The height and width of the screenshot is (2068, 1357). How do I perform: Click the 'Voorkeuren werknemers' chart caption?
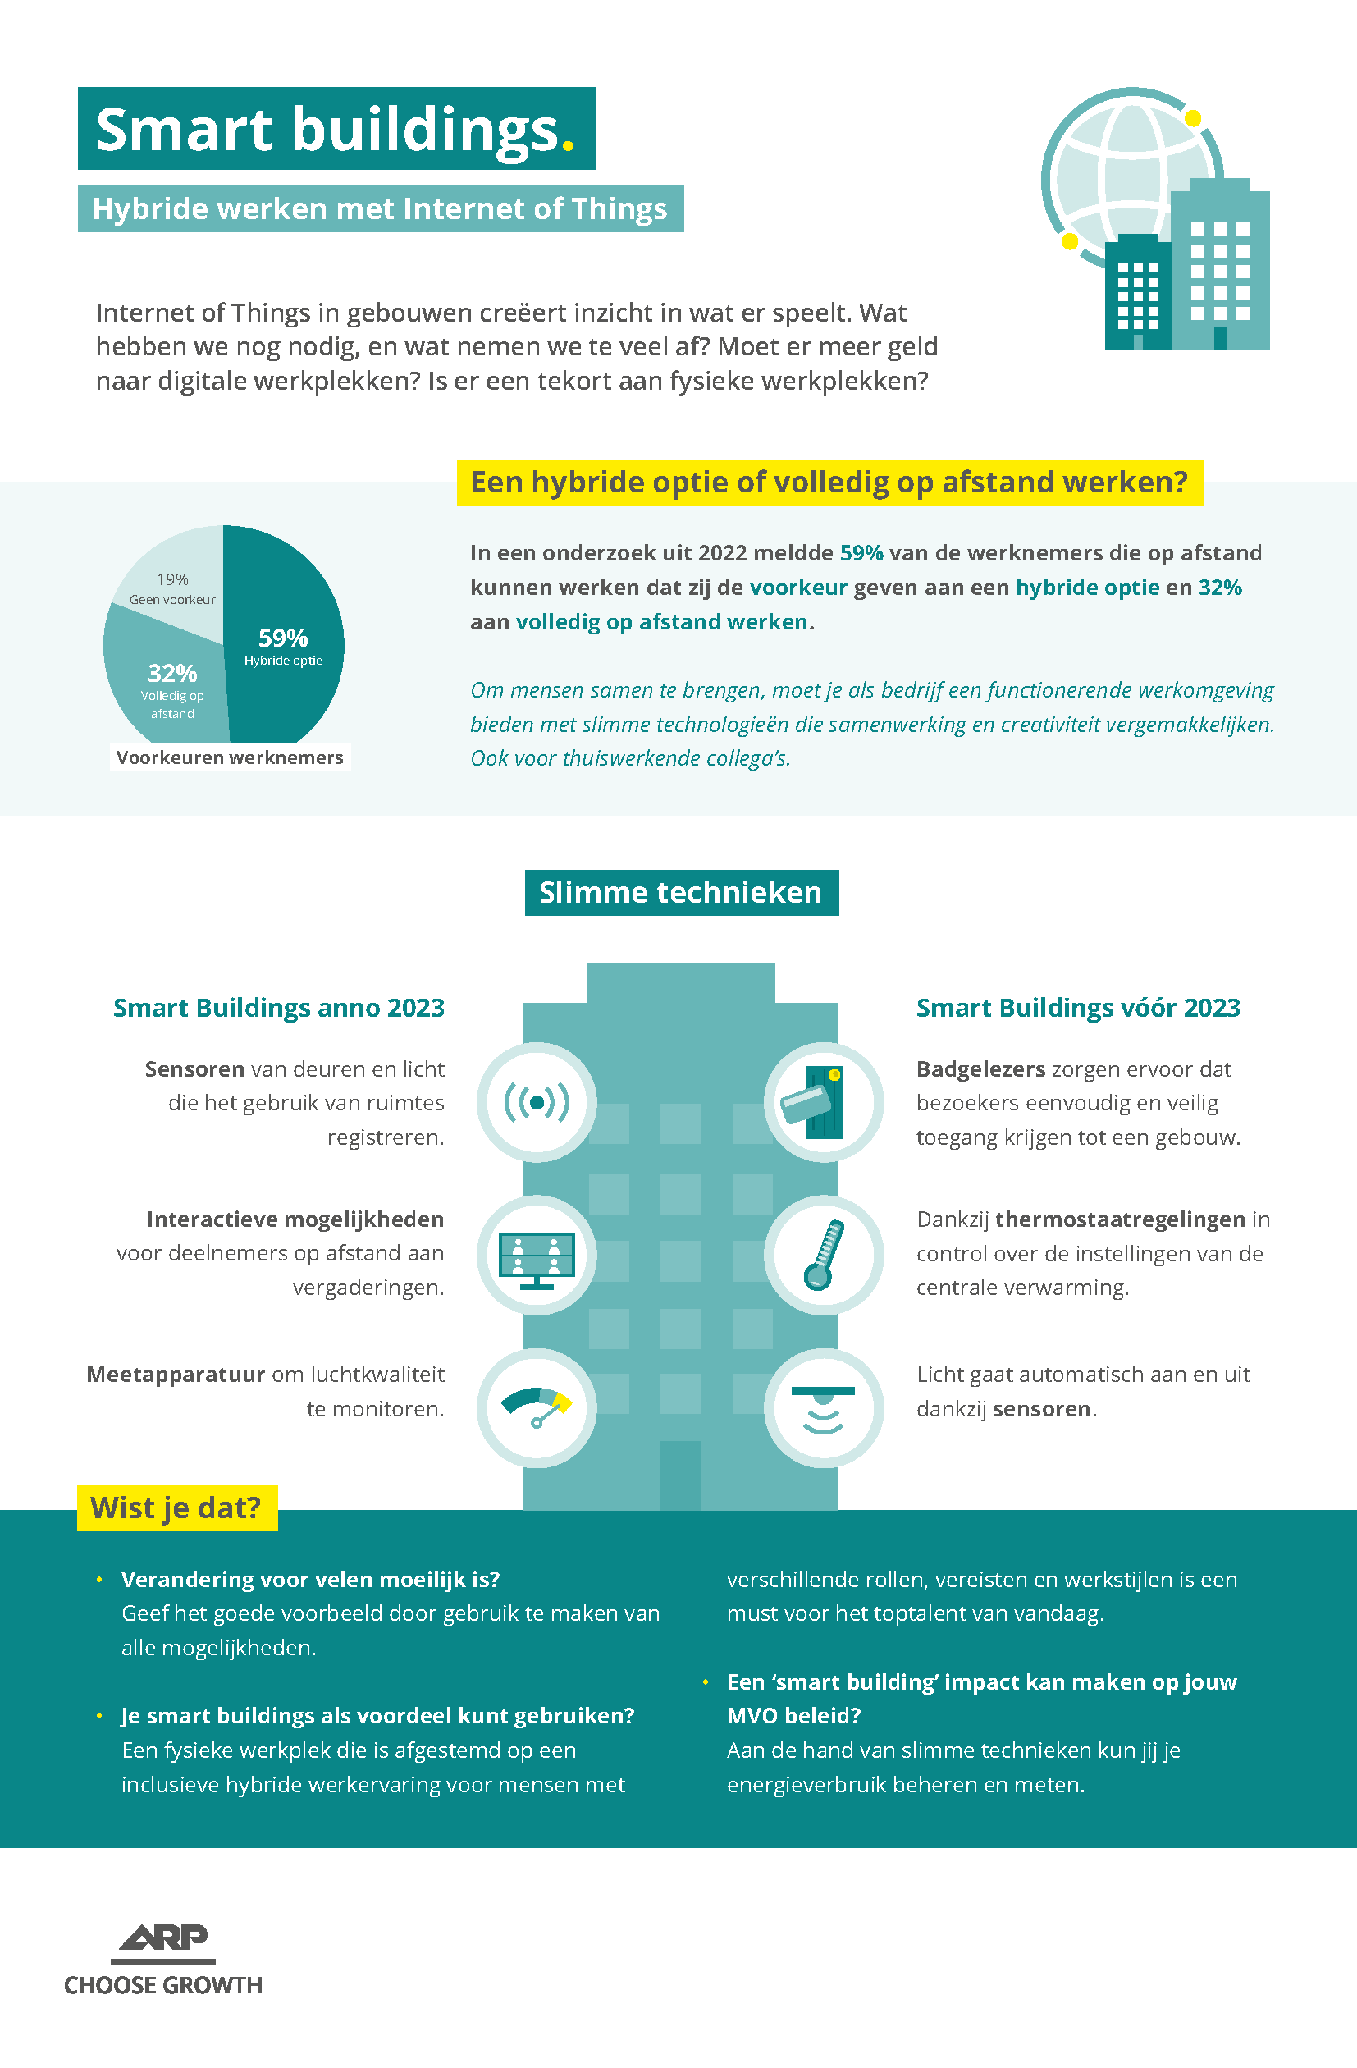(231, 757)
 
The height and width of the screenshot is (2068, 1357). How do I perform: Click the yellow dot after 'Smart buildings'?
(569, 146)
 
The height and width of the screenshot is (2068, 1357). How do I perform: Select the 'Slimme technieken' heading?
(681, 892)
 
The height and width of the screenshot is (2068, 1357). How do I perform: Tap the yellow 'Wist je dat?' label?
(177, 1508)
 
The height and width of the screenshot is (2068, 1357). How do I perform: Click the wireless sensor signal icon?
(537, 1103)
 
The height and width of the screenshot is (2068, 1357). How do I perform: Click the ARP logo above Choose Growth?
(163, 1942)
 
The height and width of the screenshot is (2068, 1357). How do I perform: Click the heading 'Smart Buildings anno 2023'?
(279, 1008)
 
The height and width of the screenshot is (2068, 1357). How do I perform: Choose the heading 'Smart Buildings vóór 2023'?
(1078, 1008)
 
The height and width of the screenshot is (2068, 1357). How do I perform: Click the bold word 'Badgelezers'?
(980, 1068)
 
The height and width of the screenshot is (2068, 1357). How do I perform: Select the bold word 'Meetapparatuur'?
(176, 1375)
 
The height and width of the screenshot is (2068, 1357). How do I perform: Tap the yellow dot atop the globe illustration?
(1194, 118)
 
